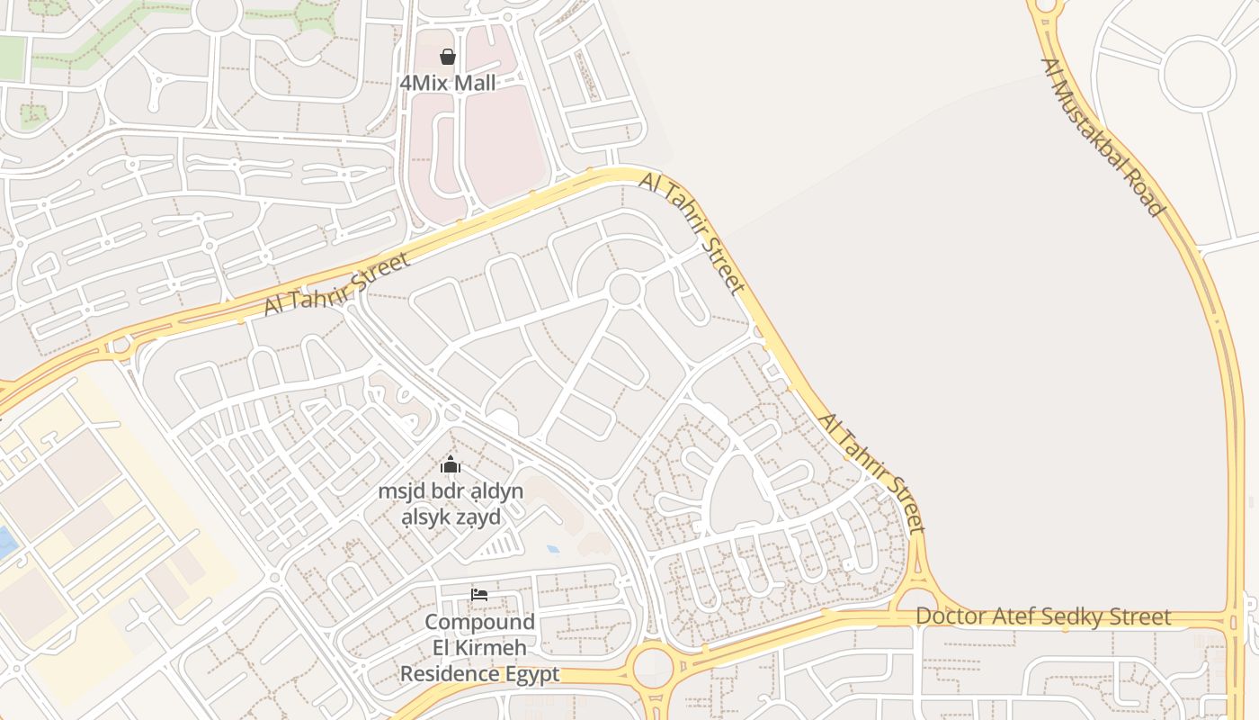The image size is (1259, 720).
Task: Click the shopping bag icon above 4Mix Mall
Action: tap(448, 57)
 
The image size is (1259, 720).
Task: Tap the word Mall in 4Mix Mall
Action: tap(473, 83)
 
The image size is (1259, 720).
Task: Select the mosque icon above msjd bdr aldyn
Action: tap(451, 464)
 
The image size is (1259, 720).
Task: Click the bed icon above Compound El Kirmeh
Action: tap(479, 595)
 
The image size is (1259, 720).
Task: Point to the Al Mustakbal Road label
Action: tap(1103, 137)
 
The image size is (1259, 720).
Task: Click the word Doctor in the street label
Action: tap(951, 616)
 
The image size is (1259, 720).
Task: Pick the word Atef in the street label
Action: tap(1015, 616)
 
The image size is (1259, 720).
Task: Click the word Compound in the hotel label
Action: tap(479, 623)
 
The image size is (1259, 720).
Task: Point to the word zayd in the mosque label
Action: tap(478, 517)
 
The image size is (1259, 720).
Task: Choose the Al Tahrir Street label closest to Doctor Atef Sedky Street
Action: tap(871, 472)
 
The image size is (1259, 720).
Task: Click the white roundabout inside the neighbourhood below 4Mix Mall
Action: tap(623, 289)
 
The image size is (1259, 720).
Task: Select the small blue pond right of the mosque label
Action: tap(552, 548)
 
